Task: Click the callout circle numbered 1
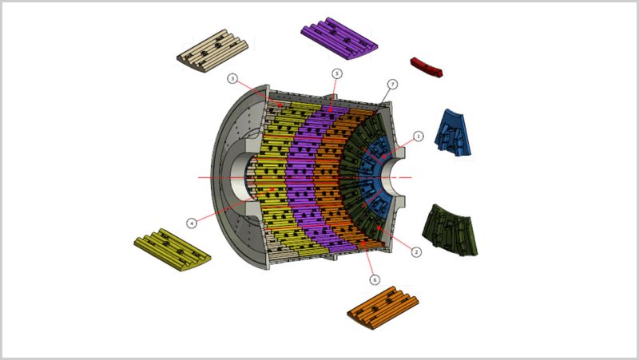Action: (418, 136)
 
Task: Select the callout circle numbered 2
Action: (416, 252)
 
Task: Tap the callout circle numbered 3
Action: (232, 78)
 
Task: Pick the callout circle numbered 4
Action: (192, 223)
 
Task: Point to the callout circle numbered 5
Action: (336, 73)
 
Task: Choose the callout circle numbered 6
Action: (375, 279)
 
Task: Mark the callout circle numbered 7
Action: (392, 85)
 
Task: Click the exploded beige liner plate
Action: (212, 50)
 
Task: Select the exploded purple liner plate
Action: (339, 38)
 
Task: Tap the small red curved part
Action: (427, 67)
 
